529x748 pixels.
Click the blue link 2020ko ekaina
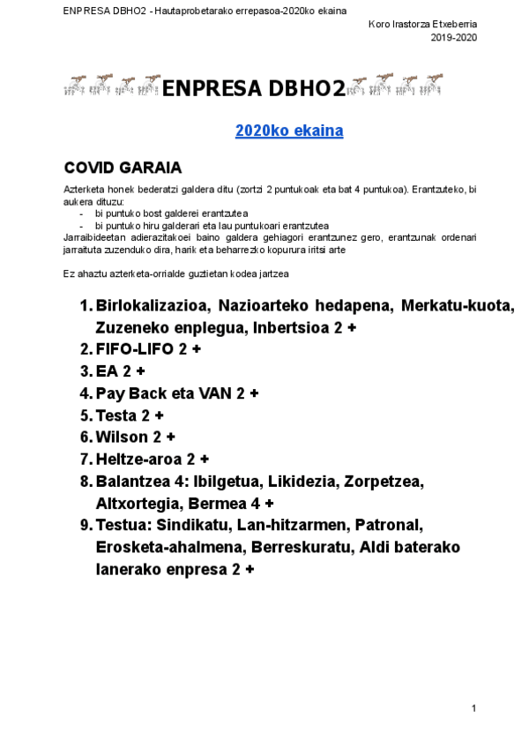[x=288, y=131]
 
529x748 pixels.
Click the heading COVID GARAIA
[x=123, y=167]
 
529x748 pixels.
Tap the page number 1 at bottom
[x=474, y=708]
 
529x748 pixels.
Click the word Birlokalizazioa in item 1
[x=152, y=305]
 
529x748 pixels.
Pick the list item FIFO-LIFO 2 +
[x=148, y=349]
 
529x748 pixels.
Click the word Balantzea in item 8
[x=136, y=482]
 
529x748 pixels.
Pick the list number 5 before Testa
[x=85, y=415]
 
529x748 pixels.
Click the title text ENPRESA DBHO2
[x=254, y=88]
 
